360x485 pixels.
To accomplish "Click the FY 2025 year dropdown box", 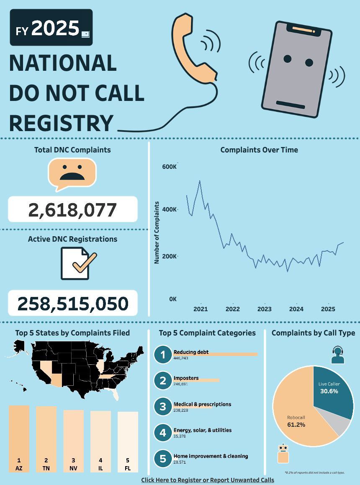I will pos(51,28).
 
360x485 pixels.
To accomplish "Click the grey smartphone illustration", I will pos(296,69).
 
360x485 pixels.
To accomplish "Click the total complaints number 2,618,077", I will pos(72,209).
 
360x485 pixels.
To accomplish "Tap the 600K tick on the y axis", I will pos(169,167).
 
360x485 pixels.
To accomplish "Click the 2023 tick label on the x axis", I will pos(264,309).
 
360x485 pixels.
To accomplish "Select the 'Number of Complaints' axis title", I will pos(157,232).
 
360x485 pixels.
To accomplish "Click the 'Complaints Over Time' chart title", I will pos(259,150).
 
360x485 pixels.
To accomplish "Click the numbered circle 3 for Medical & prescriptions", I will pos(162,406).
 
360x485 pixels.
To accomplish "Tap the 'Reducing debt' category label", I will pos(191,352).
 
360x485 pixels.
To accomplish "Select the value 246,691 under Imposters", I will pos(181,384).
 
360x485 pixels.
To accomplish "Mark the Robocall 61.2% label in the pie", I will pos(296,421).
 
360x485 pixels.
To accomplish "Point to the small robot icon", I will pos(283,454).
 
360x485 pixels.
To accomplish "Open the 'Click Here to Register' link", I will pos(208,480).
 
